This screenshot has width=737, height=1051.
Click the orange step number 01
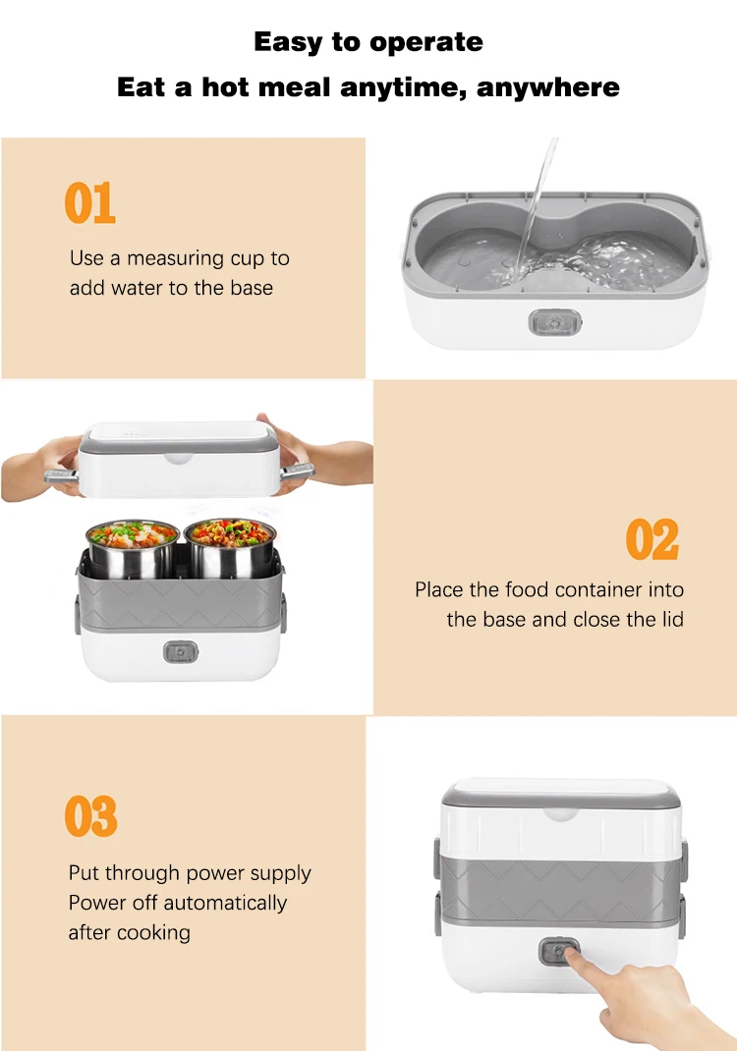click(x=89, y=202)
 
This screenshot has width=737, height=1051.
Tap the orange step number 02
click(x=652, y=539)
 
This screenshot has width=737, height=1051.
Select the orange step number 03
click(x=91, y=815)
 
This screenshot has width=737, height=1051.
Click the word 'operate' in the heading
click(x=425, y=43)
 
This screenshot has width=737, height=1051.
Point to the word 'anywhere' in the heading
click(x=548, y=87)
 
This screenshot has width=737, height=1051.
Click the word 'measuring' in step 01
click(x=176, y=258)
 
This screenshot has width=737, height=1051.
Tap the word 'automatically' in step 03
click(x=225, y=904)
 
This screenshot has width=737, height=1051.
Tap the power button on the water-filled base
click(x=554, y=322)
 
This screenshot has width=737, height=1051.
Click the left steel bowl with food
click(x=132, y=547)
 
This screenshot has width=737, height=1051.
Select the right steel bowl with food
click(x=230, y=545)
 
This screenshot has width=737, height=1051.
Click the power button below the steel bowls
click(x=181, y=651)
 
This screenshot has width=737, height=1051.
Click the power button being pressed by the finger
click(x=558, y=951)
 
